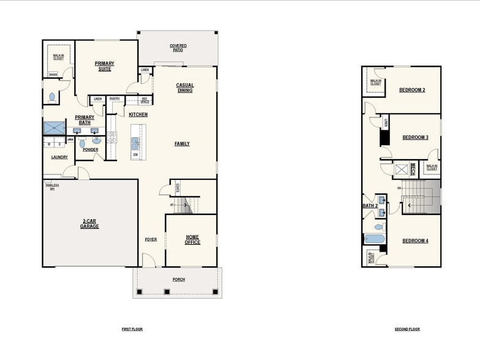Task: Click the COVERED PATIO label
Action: [x=178, y=48]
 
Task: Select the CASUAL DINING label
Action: [x=184, y=88]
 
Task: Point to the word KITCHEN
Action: [x=138, y=114]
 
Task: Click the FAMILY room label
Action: [x=182, y=144]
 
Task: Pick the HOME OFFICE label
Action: [x=192, y=239]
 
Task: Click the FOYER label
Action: [x=151, y=239]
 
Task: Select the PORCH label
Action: [x=178, y=280]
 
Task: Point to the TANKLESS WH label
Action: [x=51, y=187]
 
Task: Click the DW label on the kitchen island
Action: [x=135, y=155]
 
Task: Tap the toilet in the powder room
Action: [x=83, y=143]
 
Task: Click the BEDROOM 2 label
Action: [x=412, y=90]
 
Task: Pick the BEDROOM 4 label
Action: [x=414, y=241]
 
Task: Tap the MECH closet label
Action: [x=413, y=169]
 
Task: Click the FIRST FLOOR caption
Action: [x=132, y=329]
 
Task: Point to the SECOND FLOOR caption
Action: [x=407, y=329]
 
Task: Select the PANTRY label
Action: [x=114, y=99]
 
